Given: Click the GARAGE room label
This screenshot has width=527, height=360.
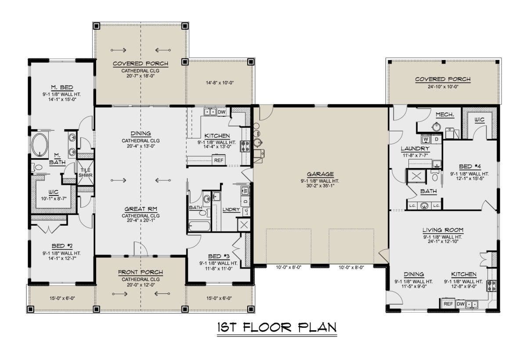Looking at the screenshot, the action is pyautogui.click(x=320, y=174).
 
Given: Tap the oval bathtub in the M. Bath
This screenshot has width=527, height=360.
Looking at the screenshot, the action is pyautogui.click(x=40, y=145).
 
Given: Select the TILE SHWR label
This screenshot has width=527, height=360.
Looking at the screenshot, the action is pyautogui.click(x=85, y=173).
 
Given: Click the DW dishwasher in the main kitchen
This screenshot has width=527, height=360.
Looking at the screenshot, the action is pyautogui.click(x=221, y=112).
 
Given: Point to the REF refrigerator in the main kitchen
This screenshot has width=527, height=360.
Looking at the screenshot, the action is pyautogui.click(x=219, y=160).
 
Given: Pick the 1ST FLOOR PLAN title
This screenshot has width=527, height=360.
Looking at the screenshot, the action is pyautogui.click(x=277, y=328).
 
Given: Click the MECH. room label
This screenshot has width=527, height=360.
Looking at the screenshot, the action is pyautogui.click(x=444, y=115).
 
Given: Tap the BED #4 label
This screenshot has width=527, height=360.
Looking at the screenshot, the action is pyautogui.click(x=470, y=166).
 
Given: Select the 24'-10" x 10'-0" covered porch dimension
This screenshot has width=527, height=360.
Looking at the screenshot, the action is pyautogui.click(x=443, y=86).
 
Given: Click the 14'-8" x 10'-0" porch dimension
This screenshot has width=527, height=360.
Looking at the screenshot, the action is pyautogui.click(x=220, y=83).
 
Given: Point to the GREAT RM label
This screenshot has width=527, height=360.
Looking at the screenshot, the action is pyautogui.click(x=141, y=209).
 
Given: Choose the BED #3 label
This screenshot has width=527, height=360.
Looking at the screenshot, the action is pyautogui.click(x=219, y=256).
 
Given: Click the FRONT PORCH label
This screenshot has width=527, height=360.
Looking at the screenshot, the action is pyautogui.click(x=141, y=272).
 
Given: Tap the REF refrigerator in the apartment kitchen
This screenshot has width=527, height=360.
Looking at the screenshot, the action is pyautogui.click(x=448, y=304).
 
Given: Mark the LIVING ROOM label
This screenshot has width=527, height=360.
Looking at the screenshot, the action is pyautogui.click(x=443, y=230).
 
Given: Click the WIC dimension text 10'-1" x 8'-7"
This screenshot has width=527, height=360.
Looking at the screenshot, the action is pyautogui.click(x=54, y=199).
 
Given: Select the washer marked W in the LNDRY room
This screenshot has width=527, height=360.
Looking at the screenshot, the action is pyautogui.click(x=245, y=190).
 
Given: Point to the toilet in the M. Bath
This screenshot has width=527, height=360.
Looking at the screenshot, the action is pyautogui.click(x=37, y=167).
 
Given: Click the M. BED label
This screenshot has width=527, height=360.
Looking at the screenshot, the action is pyautogui.click(x=62, y=87).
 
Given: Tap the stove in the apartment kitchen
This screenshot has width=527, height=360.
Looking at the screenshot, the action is pyautogui.click(x=491, y=285).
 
